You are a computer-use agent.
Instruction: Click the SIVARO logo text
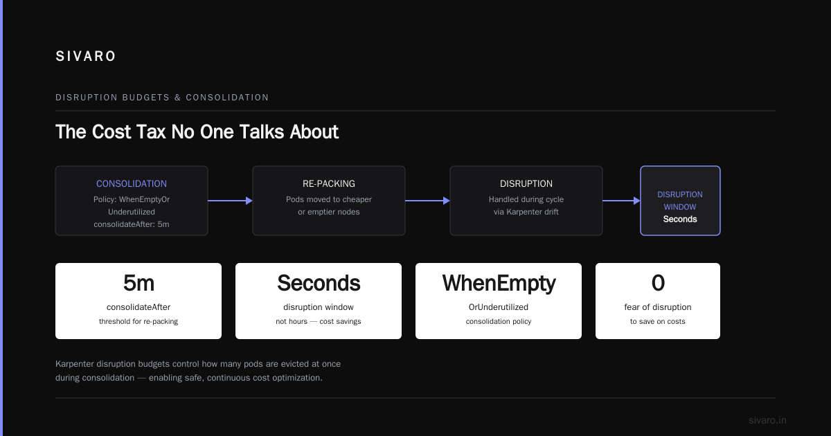coord(85,56)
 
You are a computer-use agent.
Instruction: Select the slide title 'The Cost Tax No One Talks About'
coord(197,131)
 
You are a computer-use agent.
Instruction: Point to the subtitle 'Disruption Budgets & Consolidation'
coord(162,98)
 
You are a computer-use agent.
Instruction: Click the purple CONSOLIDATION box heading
coord(132,183)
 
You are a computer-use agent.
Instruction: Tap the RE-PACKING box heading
coord(329,183)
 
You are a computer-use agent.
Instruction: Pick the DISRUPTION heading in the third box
coord(526,183)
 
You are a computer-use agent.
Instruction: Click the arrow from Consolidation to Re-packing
coord(230,201)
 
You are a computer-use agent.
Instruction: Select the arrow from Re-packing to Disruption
coord(427,201)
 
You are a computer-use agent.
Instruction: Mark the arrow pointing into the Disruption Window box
coord(621,201)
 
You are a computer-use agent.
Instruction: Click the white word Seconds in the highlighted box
coord(680,219)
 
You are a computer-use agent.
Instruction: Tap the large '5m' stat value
coord(138,283)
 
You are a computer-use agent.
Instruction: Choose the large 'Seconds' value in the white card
coord(319,283)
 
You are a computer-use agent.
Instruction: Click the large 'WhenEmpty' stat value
coord(499,284)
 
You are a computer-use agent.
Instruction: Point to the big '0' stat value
coord(658,283)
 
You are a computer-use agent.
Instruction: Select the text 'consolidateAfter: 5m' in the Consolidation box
coord(132,224)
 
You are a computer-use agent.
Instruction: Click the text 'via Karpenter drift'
coord(526,212)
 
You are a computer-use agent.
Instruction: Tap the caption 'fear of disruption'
coord(658,307)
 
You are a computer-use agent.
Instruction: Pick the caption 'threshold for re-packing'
coord(138,321)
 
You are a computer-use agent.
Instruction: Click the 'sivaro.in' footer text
coord(767,420)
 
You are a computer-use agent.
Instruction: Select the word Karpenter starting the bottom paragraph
coord(75,364)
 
